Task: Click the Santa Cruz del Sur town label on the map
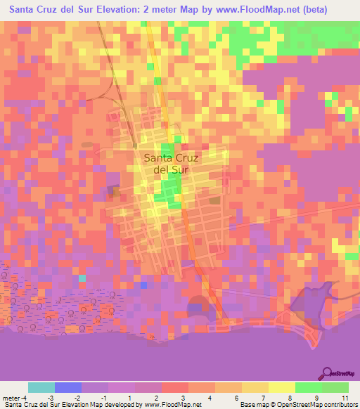click(x=171, y=163)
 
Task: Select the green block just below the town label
click(x=169, y=188)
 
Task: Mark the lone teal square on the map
click(x=82, y=278)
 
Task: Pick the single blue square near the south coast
click(x=143, y=285)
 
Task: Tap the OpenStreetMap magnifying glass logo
click(x=326, y=372)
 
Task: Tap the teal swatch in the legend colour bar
click(x=41, y=387)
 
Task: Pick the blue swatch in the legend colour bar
click(x=67, y=387)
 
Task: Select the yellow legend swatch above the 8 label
click(x=281, y=387)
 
